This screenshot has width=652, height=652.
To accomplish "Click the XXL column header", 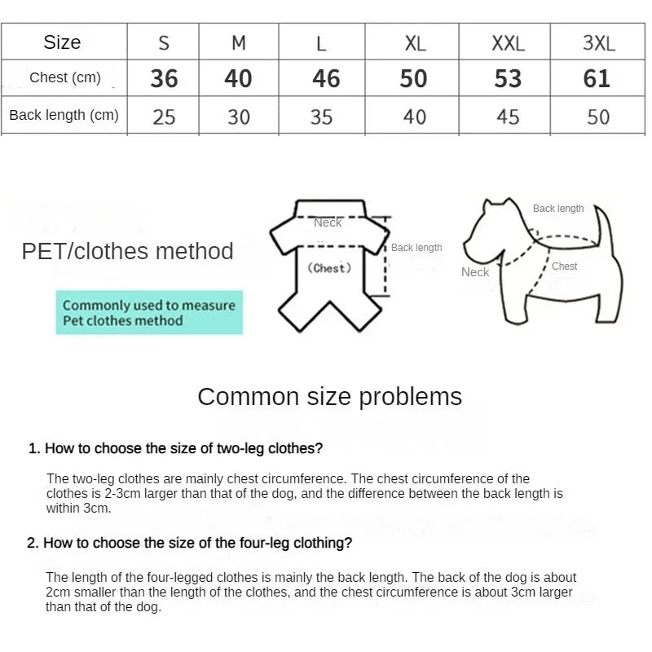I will (508, 43).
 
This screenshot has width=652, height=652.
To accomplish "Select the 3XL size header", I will (598, 43).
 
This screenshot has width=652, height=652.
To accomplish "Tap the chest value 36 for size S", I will (164, 78).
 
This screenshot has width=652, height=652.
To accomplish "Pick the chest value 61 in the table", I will (597, 78).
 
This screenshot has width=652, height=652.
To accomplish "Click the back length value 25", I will (164, 117).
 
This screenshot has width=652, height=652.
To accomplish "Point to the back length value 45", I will (508, 117).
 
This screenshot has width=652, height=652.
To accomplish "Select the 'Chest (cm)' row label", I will (65, 78).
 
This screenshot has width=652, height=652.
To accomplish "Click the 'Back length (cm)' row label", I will (64, 115).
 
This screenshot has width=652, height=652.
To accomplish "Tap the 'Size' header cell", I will (62, 42).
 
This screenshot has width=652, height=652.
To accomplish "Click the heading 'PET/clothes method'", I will (127, 251).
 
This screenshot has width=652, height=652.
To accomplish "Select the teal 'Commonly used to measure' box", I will (149, 313).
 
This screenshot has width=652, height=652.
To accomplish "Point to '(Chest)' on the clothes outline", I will (329, 268).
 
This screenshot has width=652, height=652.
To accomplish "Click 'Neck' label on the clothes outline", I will (328, 222).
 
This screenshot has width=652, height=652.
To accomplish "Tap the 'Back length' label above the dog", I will (558, 209).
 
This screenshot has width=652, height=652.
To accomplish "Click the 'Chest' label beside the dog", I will (564, 267).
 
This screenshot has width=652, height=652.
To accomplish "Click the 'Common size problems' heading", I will (329, 397).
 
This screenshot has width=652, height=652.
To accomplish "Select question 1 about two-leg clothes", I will (176, 448).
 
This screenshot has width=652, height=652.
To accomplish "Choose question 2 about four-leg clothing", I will (190, 543).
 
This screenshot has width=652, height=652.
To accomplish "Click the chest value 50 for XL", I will (413, 78).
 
